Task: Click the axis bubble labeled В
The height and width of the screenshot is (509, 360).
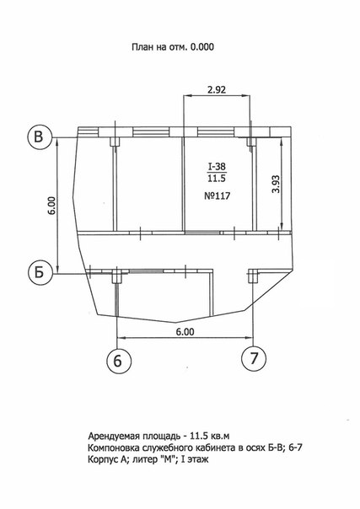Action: pyautogui.click(x=40, y=137)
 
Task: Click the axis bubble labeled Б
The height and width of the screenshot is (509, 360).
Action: pyautogui.click(x=40, y=273)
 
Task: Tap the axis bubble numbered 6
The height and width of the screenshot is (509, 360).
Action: pyautogui.click(x=119, y=360)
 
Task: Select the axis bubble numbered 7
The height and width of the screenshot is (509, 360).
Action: pyautogui.click(x=254, y=359)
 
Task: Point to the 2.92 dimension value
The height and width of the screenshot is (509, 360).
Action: pyautogui.click(x=217, y=89)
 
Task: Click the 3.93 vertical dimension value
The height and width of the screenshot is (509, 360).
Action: pyautogui.click(x=277, y=184)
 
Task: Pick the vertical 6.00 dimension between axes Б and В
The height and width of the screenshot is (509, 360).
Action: pyautogui.click(x=54, y=205)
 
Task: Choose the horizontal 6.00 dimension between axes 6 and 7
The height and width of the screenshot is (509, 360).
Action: pyautogui.click(x=185, y=332)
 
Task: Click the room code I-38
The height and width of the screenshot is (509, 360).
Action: pyautogui.click(x=217, y=167)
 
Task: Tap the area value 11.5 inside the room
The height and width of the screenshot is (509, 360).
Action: pyautogui.click(x=217, y=178)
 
